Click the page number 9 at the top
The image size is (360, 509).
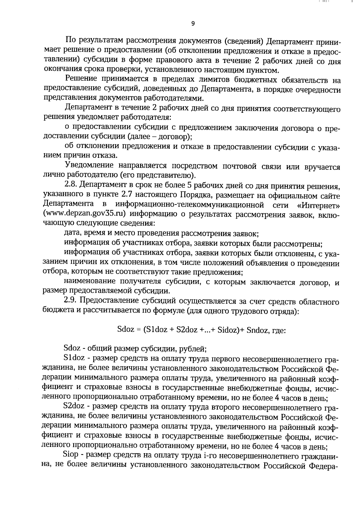click(x=193, y=24)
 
